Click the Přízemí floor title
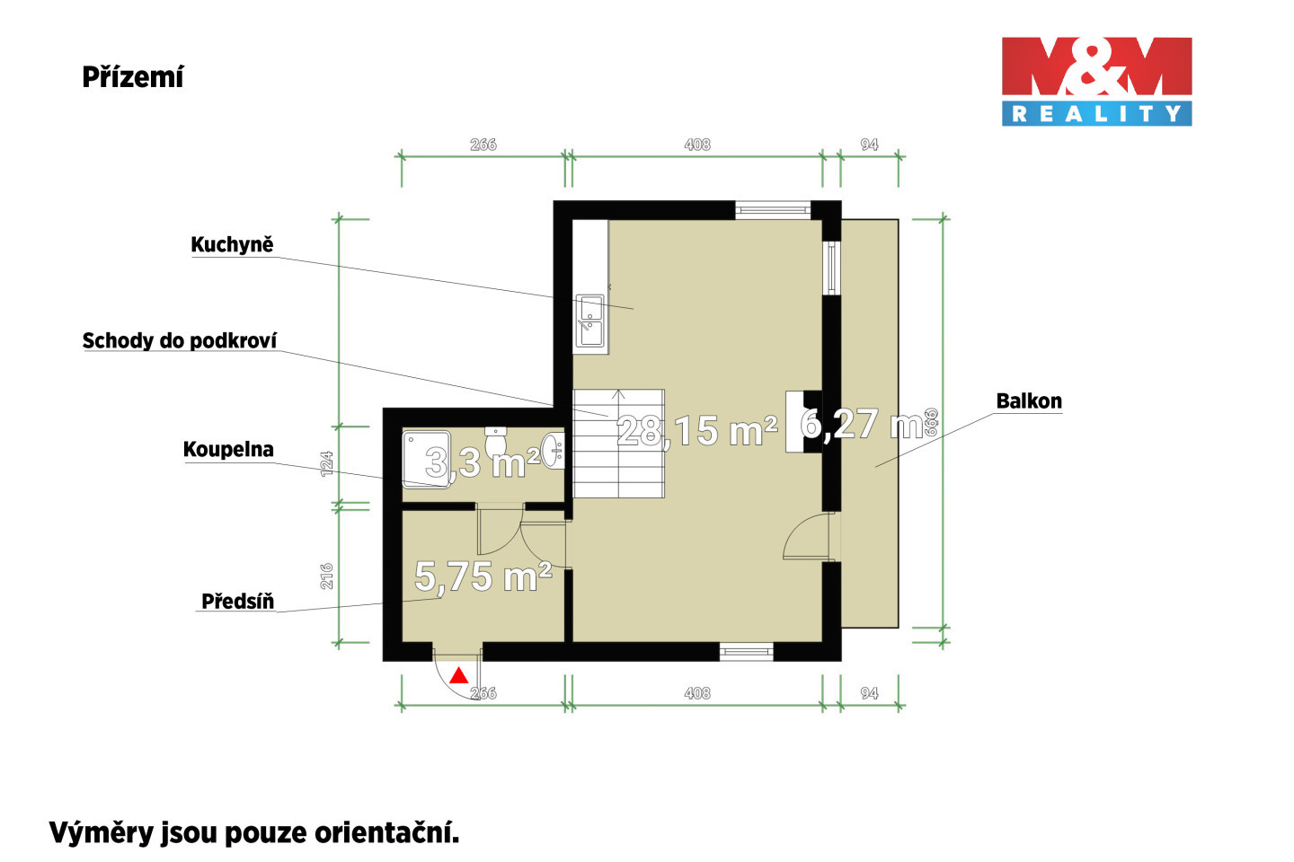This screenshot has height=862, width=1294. pyautogui.click(x=133, y=77)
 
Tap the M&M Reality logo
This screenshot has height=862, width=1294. pyautogui.click(x=1096, y=82)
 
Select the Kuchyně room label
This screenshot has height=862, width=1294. pyautogui.click(x=232, y=245)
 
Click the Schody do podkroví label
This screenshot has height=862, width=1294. pyautogui.click(x=180, y=340)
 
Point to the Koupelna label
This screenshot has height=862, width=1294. pyautogui.click(x=228, y=449)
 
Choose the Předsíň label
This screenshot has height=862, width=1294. pyautogui.click(x=237, y=602)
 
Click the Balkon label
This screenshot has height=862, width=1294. pyautogui.click(x=1029, y=401)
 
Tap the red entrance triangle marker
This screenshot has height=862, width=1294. pyautogui.click(x=458, y=675)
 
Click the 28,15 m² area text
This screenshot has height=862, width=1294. pyautogui.click(x=697, y=431)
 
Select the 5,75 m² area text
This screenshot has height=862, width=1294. pyautogui.click(x=483, y=576)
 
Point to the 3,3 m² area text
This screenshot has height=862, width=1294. pyautogui.click(x=483, y=462)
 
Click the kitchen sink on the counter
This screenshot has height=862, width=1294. pyautogui.click(x=590, y=321)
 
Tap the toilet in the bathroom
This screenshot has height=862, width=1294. pyautogui.click(x=496, y=443)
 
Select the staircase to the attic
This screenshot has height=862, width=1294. pyautogui.click(x=618, y=444)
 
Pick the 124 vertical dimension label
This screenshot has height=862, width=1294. pyautogui.click(x=327, y=464)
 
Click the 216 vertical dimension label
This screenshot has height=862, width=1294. pyautogui.click(x=327, y=576)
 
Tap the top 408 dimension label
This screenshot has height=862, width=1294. pyautogui.click(x=697, y=145)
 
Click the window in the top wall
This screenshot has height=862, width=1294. pyautogui.click(x=773, y=209)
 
